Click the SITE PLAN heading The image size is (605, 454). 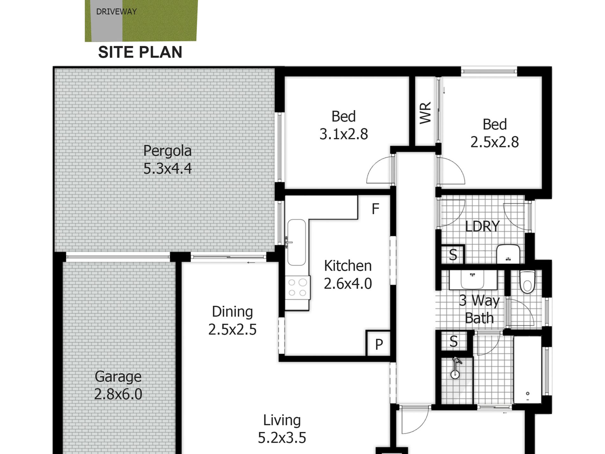tap(140, 52)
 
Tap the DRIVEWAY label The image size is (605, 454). tap(116, 12)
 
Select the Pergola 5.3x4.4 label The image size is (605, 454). tap(167, 160)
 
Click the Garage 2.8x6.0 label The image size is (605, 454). tap(118, 386)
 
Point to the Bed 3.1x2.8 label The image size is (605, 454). tap(344, 125)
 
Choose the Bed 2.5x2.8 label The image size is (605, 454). tap(495, 133)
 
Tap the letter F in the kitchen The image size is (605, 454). tap(375, 209)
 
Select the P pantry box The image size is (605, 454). tap(379, 344)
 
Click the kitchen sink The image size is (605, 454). tap(296, 242)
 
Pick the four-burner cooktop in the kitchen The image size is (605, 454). tap(297, 287)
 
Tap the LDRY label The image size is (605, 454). tap(482, 227)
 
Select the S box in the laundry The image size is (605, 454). tap(453, 255)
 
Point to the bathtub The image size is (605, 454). tap(527, 370)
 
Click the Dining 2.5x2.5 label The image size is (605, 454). tap(232, 321)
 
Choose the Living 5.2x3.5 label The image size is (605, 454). tap(282, 429)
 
